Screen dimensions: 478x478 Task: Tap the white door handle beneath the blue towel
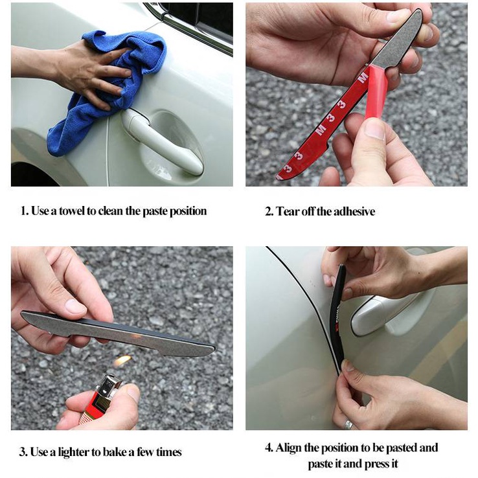tap(161, 142)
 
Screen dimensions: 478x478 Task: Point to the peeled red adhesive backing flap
tap(376, 91)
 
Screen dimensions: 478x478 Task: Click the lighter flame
tap(122, 361)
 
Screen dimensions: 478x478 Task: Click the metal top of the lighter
tap(108, 385)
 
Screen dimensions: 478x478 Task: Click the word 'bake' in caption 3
tap(114, 452)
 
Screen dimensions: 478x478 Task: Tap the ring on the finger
tap(348, 424)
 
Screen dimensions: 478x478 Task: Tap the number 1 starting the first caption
tap(23, 211)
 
